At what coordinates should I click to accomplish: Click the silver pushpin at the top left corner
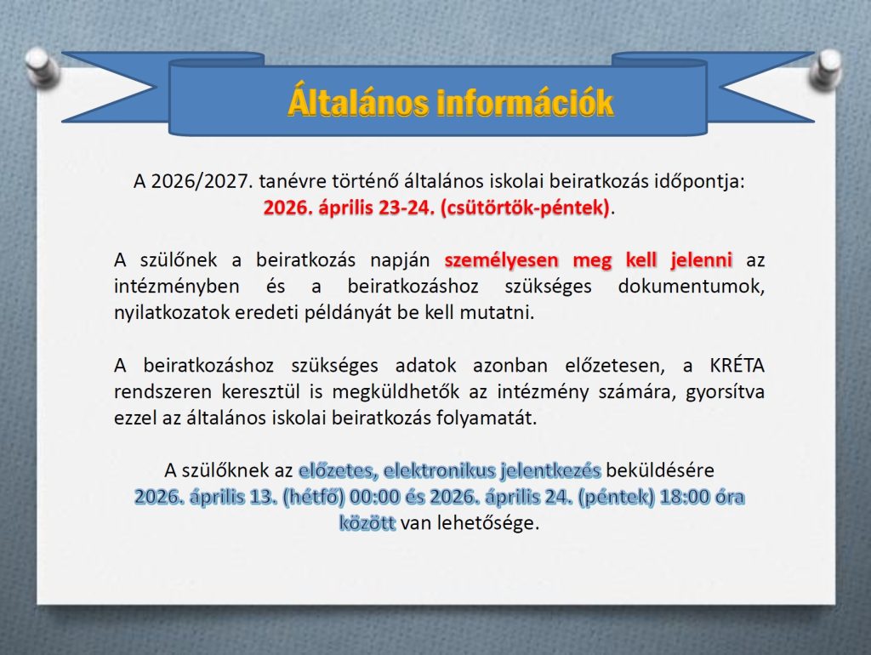coord(42,66)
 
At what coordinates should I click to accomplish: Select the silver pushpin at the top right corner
coord(826,69)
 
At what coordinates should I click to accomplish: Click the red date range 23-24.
coord(407,208)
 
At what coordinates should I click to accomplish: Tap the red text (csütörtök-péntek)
coord(525,208)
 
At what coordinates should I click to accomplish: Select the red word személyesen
coord(502,260)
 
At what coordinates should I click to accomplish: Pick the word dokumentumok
coord(691,286)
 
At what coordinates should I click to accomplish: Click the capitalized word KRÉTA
coord(737,365)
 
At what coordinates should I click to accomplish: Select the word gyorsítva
coord(725,392)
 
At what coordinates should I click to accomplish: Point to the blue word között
coord(367,523)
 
